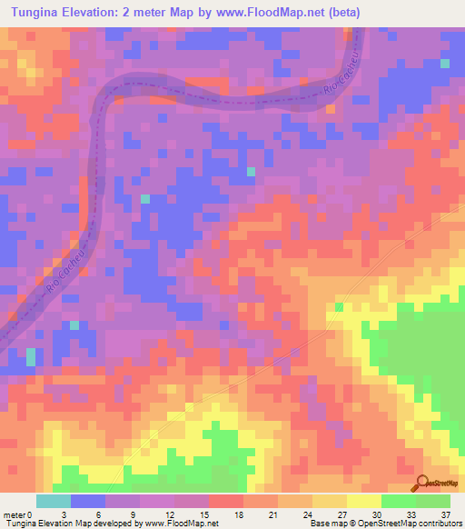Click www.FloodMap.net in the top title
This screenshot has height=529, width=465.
tap(255, 12)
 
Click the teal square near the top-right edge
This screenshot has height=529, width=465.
tap(445, 63)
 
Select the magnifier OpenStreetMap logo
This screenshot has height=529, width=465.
tap(421, 484)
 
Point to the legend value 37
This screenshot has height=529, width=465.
tap(446, 514)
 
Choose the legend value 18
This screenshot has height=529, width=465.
tap(239, 514)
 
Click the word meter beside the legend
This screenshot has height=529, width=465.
tap(15, 514)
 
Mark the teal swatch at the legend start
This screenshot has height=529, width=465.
tap(53, 501)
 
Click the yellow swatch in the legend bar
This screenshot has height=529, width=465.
tap(363, 501)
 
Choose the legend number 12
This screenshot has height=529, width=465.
tap(170, 514)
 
